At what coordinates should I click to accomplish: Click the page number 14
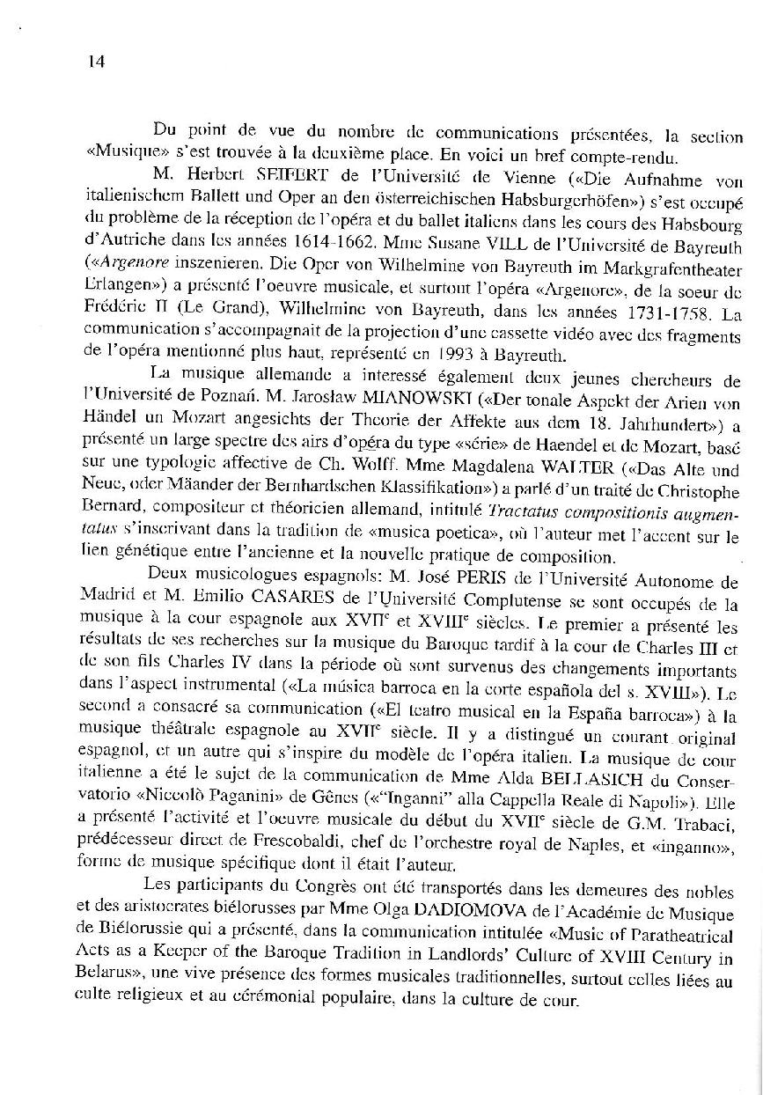click(x=97, y=61)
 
